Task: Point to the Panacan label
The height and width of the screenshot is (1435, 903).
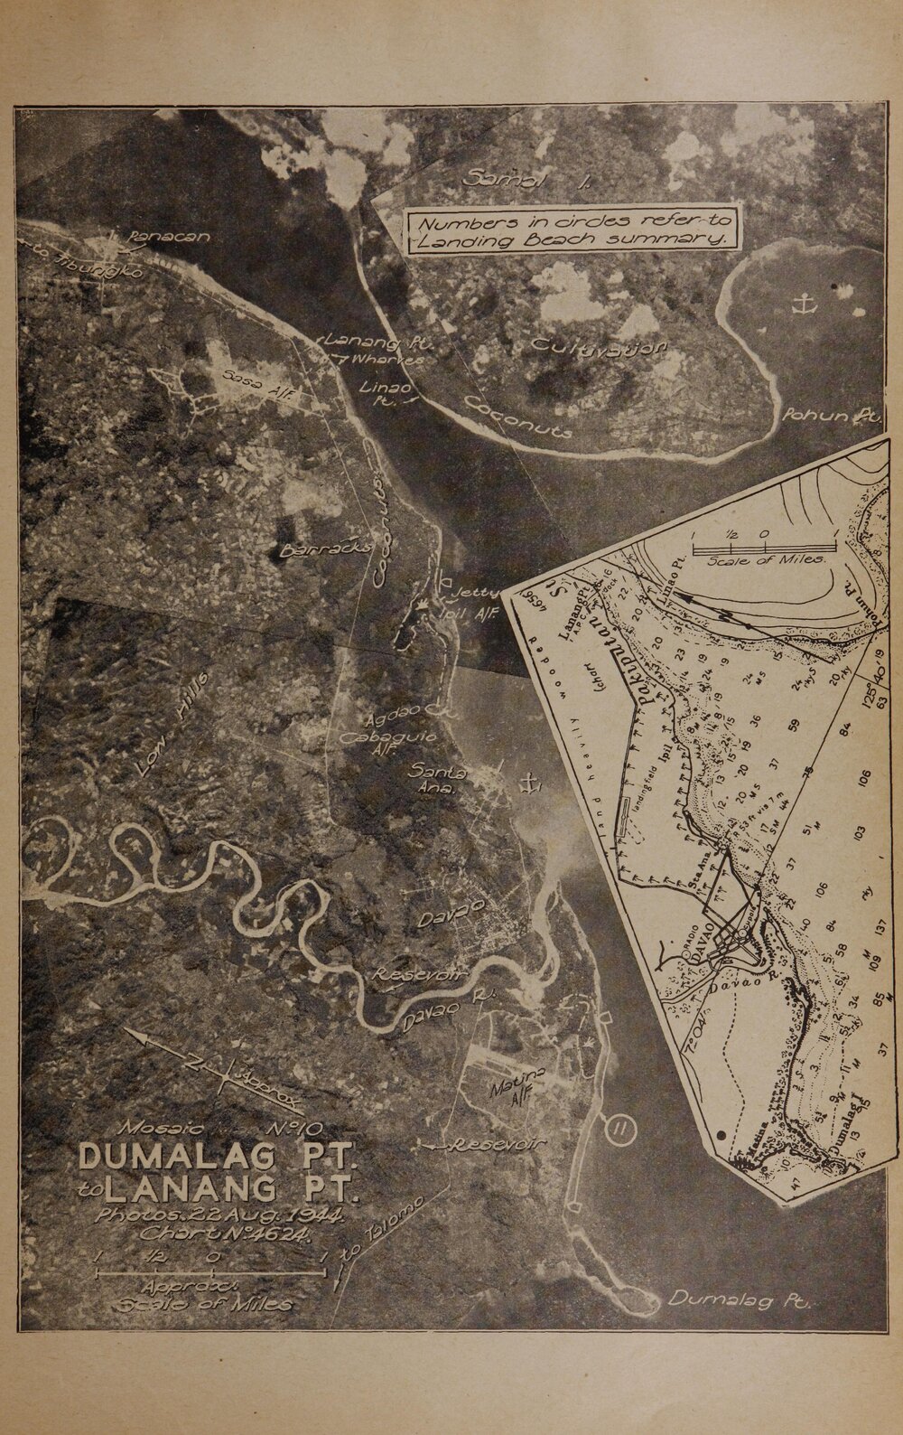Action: pyautogui.click(x=170, y=238)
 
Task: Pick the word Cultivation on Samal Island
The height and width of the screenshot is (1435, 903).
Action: pyautogui.click(x=599, y=346)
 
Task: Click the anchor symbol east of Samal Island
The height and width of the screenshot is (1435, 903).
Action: pyautogui.click(x=798, y=305)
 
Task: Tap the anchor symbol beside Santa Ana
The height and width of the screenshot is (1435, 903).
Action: pyautogui.click(x=528, y=783)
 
